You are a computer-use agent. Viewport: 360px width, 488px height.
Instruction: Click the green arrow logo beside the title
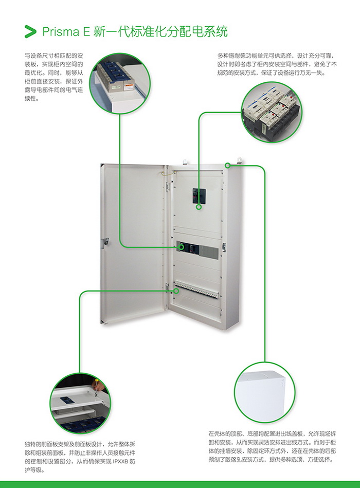30,31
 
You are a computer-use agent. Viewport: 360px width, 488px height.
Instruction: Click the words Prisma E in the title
66,32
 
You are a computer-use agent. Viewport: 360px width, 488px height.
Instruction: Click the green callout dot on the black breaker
199,207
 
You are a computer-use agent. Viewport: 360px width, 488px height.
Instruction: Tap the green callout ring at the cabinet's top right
228,166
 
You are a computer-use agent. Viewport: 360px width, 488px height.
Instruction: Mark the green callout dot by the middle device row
181,247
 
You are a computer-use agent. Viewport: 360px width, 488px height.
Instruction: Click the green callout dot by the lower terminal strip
176,291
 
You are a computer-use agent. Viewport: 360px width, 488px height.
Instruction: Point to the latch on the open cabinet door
106,240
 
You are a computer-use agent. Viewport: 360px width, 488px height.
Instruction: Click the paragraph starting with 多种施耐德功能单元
277,64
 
